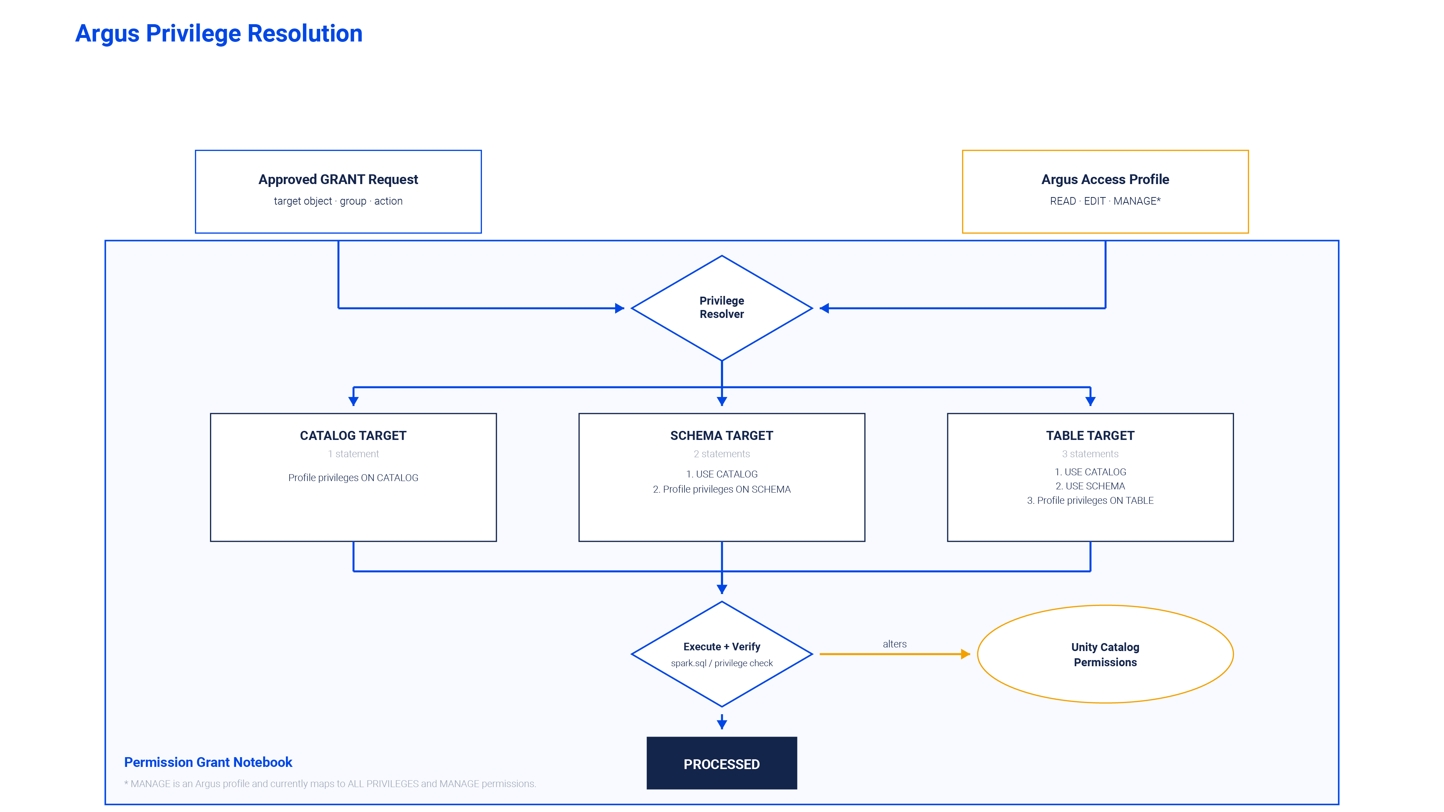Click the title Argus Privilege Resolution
click(219, 34)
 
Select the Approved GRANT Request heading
click(338, 179)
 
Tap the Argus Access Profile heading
click(1105, 179)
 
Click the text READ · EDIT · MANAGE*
click(1105, 201)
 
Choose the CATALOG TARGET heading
click(353, 436)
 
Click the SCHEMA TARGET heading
click(721, 436)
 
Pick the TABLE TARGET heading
click(1090, 436)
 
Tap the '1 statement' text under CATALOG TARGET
click(353, 454)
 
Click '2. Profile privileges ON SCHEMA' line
click(721, 489)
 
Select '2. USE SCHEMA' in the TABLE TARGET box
click(1090, 486)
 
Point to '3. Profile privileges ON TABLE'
click(1090, 501)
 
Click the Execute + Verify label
click(721, 647)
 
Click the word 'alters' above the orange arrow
click(895, 644)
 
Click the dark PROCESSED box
click(721, 763)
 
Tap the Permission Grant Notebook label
click(208, 762)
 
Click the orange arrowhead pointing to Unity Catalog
click(965, 654)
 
